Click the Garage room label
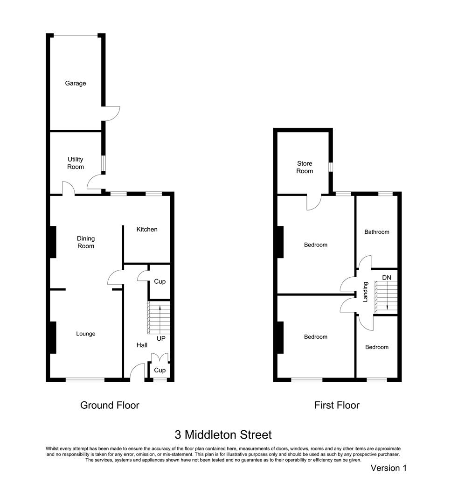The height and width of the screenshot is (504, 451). click(x=75, y=84)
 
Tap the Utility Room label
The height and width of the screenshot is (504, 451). click(x=75, y=163)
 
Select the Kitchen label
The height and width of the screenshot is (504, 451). click(x=146, y=229)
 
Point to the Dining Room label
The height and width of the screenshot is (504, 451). click(x=85, y=242)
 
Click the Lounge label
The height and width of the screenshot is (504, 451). click(x=85, y=334)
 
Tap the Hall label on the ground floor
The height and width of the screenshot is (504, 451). click(x=142, y=345)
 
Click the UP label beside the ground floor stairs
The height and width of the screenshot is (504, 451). click(x=161, y=338)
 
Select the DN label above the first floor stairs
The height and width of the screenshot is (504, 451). click(x=386, y=278)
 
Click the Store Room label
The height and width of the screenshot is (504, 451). click(x=305, y=167)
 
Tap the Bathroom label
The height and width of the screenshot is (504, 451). click(x=376, y=232)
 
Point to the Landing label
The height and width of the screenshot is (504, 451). click(x=366, y=292)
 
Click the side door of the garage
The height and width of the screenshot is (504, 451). click(x=112, y=113)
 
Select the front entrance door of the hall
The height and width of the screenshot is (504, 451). click(x=137, y=372)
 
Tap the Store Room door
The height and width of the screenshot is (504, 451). click(x=314, y=202)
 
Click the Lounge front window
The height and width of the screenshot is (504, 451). click(x=85, y=380)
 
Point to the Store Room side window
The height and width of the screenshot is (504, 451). click(x=330, y=167)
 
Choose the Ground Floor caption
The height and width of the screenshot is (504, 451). click(x=110, y=405)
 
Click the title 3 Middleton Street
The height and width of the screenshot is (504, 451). click(x=223, y=435)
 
